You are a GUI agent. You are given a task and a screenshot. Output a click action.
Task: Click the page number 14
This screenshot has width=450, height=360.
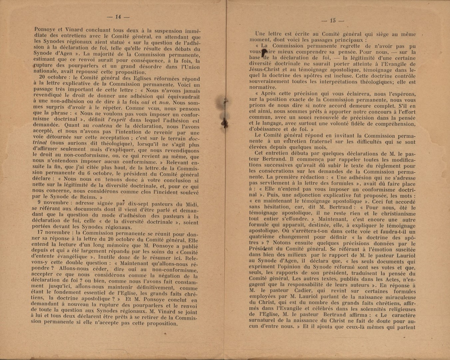pyautogui.click(x=117, y=17)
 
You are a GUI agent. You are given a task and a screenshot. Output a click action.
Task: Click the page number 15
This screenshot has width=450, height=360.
pyautogui.click(x=332, y=21)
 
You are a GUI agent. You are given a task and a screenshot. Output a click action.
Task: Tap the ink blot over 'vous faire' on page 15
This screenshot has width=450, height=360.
pyautogui.click(x=264, y=52)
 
